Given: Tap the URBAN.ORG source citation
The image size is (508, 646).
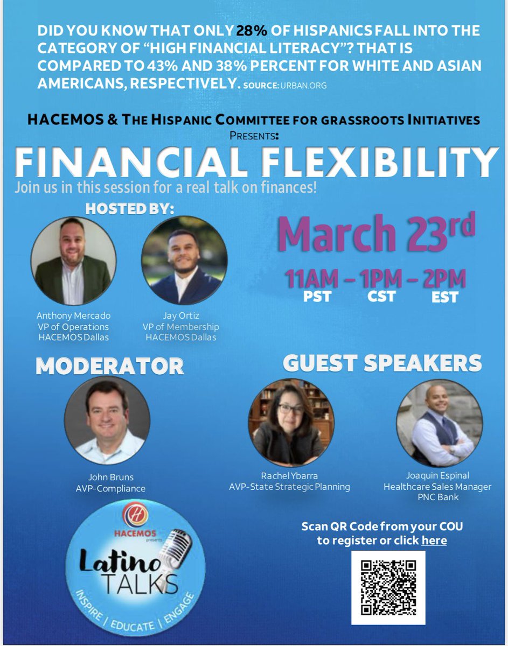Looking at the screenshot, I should (303, 85).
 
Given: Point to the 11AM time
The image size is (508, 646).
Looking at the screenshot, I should (312, 279).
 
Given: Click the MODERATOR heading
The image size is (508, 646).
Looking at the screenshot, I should (110, 366).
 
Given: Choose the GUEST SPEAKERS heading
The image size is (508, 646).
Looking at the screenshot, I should (382, 363).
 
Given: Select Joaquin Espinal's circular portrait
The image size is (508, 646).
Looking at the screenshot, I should (439, 422).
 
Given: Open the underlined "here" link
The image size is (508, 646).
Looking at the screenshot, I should (434, 540).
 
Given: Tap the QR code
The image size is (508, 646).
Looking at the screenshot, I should (388, 587).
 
